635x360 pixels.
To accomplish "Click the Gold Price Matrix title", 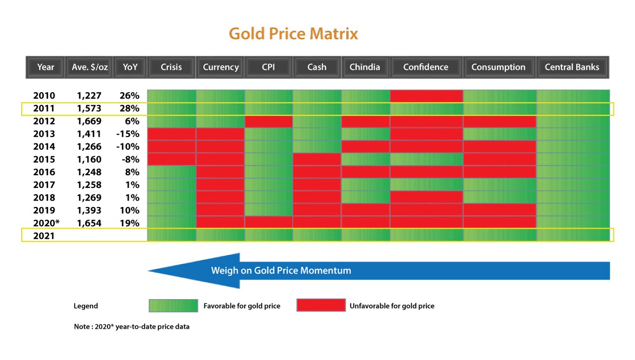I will pos(293,34).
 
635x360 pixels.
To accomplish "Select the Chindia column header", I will pos(365,67).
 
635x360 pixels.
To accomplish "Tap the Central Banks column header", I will pos(572,67).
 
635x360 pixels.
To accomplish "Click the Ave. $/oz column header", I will pos(89,67).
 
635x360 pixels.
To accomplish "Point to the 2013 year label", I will pos(44,134).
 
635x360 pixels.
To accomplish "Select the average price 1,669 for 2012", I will pos(89,121).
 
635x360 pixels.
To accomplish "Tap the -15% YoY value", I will pos(128,134).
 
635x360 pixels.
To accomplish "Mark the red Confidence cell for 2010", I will pos(427,96).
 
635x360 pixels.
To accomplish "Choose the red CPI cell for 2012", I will pos(268,121).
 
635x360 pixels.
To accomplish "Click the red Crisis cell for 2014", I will pos(171,147).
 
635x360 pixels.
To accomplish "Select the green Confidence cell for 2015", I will pos(427,159).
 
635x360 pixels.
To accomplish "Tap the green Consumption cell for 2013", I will pos(500,134).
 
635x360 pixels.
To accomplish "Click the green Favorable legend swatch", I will pos(173,305).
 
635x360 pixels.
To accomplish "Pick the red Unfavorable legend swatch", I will pos(320,305).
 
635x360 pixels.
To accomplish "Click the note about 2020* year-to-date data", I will pos(132,327).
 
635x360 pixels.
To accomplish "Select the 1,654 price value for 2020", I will pos(89,223).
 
